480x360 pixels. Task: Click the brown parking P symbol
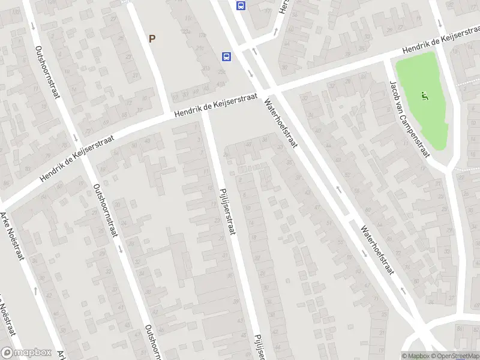tap(152, 38)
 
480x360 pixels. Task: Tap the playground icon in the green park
tap(425, 95)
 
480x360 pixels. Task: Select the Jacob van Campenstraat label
tap(410, 118)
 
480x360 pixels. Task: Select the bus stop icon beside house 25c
tap(227, 57)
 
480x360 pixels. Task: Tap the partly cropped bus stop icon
tap(241, 5)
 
